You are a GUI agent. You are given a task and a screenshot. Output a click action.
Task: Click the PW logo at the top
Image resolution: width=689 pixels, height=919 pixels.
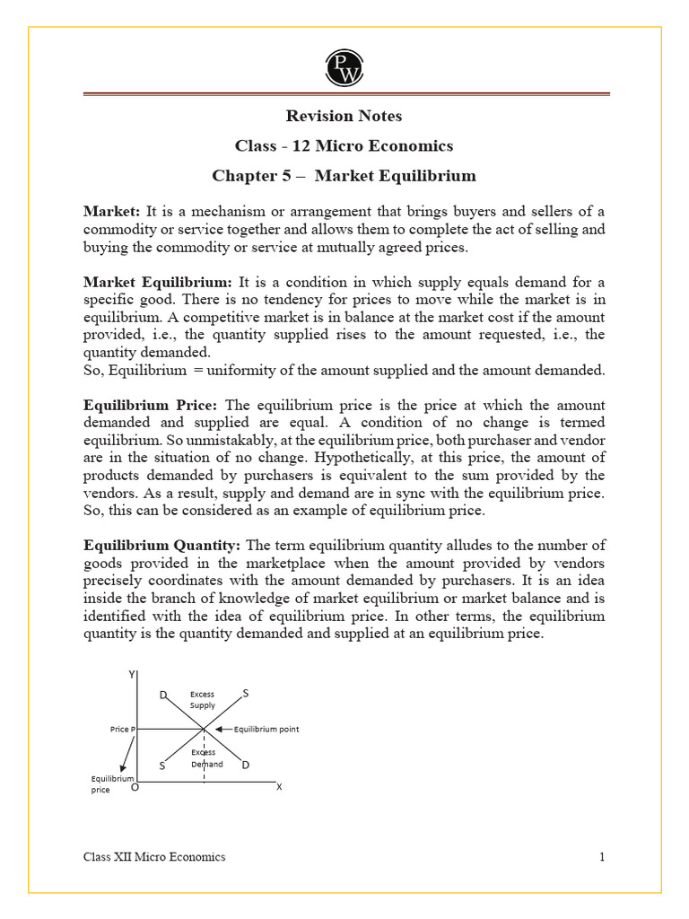click(x=344, y=67)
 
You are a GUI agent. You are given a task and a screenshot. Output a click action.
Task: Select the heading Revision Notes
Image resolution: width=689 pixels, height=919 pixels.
click(x=344, y=116)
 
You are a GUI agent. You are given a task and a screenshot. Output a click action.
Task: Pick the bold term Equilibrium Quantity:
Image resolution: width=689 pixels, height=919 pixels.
click(x=161, y=546)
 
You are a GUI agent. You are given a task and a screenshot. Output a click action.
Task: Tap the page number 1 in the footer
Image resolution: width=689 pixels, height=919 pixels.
click(x=602, y=857)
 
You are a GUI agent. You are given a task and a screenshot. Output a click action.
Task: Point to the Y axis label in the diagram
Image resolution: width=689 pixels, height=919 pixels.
click(x=132, y=674)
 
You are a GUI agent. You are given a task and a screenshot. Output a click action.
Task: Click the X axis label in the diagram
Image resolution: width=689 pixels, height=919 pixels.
click(x=278, y=787)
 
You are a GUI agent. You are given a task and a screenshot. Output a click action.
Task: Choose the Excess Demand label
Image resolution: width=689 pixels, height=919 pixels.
click(x=205, y=758)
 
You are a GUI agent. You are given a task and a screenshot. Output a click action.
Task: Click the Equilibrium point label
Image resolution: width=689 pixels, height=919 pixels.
click(x=266, y=730)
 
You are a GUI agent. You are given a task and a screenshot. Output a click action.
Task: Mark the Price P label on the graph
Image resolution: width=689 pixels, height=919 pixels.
click(x=122, y=730)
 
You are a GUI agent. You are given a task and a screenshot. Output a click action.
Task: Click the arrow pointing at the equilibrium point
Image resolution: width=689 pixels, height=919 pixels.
click(x=223, y=730)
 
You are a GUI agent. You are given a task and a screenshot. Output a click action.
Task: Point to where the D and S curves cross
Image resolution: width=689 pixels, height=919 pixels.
click(x=204, y=729)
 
